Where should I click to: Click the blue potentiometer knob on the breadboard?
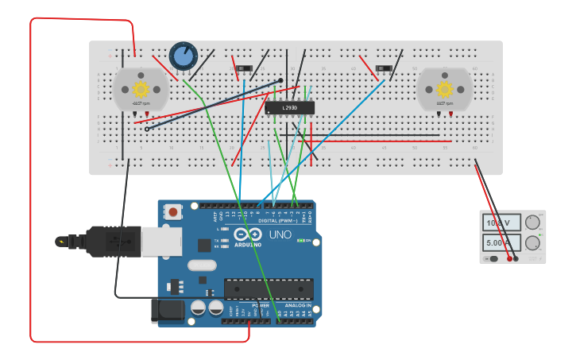point(184,56)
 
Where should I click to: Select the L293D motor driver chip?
point(289,107)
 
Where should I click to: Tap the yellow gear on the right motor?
point(445,88)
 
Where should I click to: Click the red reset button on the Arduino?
point(172,211)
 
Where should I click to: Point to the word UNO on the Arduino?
point(280,235)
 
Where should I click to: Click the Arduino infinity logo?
point(248,234)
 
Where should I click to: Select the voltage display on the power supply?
point(501,223)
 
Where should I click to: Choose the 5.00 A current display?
point(501,242)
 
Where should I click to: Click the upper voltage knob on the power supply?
point(533,223)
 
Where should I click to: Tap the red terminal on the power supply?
point(509,258)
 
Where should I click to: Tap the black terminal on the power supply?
point(516,258)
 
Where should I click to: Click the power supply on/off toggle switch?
point(493,258)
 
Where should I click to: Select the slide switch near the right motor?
point(384,69)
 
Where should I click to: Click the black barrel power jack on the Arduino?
point(168,311)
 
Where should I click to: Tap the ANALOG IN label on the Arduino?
point(298,305)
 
